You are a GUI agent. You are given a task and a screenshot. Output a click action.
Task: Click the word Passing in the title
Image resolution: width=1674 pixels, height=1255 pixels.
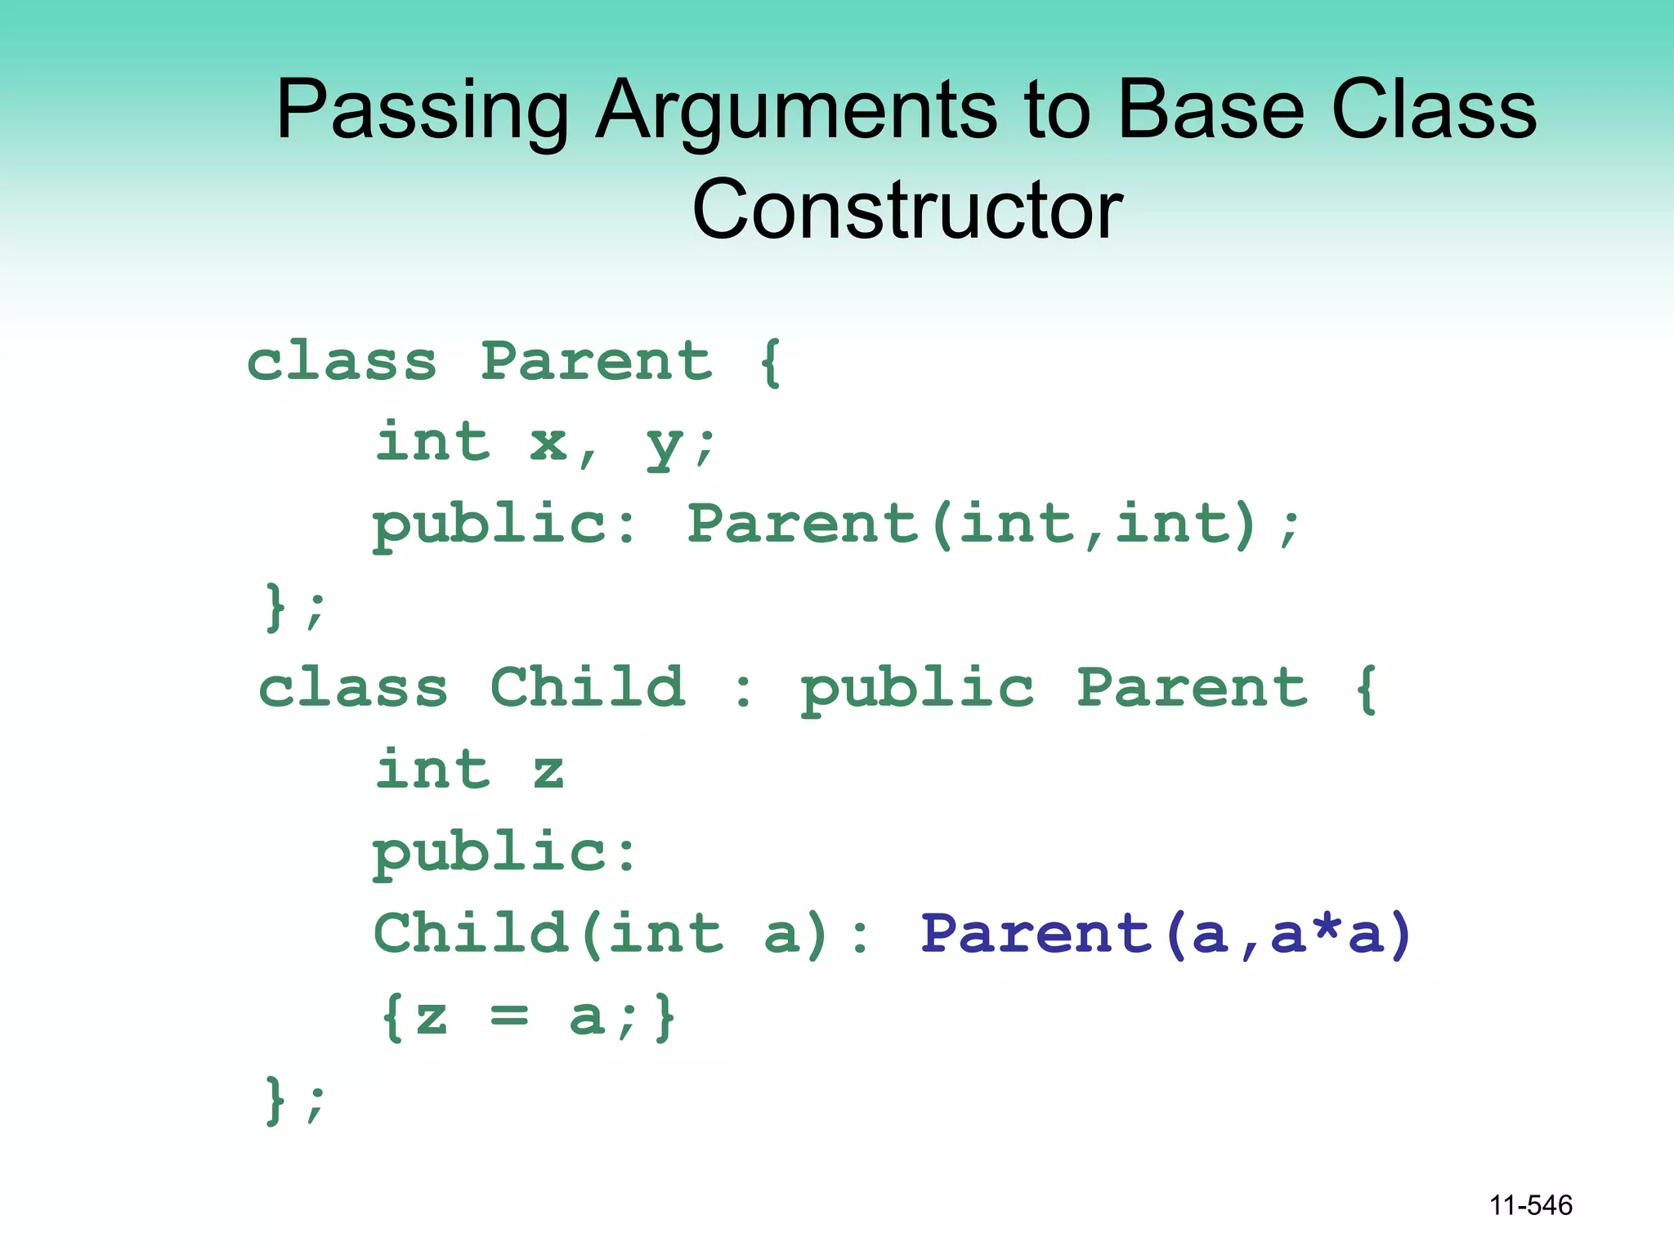pos(422,110)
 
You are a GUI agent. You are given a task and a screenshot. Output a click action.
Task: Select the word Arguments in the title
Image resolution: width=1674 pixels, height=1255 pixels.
pos(796,110)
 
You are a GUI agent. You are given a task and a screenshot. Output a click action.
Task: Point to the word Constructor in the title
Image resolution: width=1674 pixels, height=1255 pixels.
pos(906,210)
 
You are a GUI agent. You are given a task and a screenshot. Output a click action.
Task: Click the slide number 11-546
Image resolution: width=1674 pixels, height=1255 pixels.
pos(1530,1205)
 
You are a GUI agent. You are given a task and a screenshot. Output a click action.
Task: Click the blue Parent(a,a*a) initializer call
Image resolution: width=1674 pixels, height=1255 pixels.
pos(1166,934)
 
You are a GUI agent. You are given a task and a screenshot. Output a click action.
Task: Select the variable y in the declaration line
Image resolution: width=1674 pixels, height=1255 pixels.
pos(662,446)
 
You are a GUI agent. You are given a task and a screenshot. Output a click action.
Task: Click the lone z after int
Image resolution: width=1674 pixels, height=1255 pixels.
pos(548,771)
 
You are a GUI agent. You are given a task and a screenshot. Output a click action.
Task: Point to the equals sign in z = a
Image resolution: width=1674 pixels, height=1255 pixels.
pos(509,1017)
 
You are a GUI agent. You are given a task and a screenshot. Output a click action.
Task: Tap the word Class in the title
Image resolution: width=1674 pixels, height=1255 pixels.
pos(1434,110)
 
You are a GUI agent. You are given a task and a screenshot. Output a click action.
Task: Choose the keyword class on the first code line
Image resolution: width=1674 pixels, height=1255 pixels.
pos(342,361)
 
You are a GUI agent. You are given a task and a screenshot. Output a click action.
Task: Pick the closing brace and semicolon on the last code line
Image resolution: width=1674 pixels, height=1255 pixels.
pos(294,1100)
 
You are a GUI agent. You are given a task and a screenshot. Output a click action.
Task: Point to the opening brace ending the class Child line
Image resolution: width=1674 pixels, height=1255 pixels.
pos(1366,689)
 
